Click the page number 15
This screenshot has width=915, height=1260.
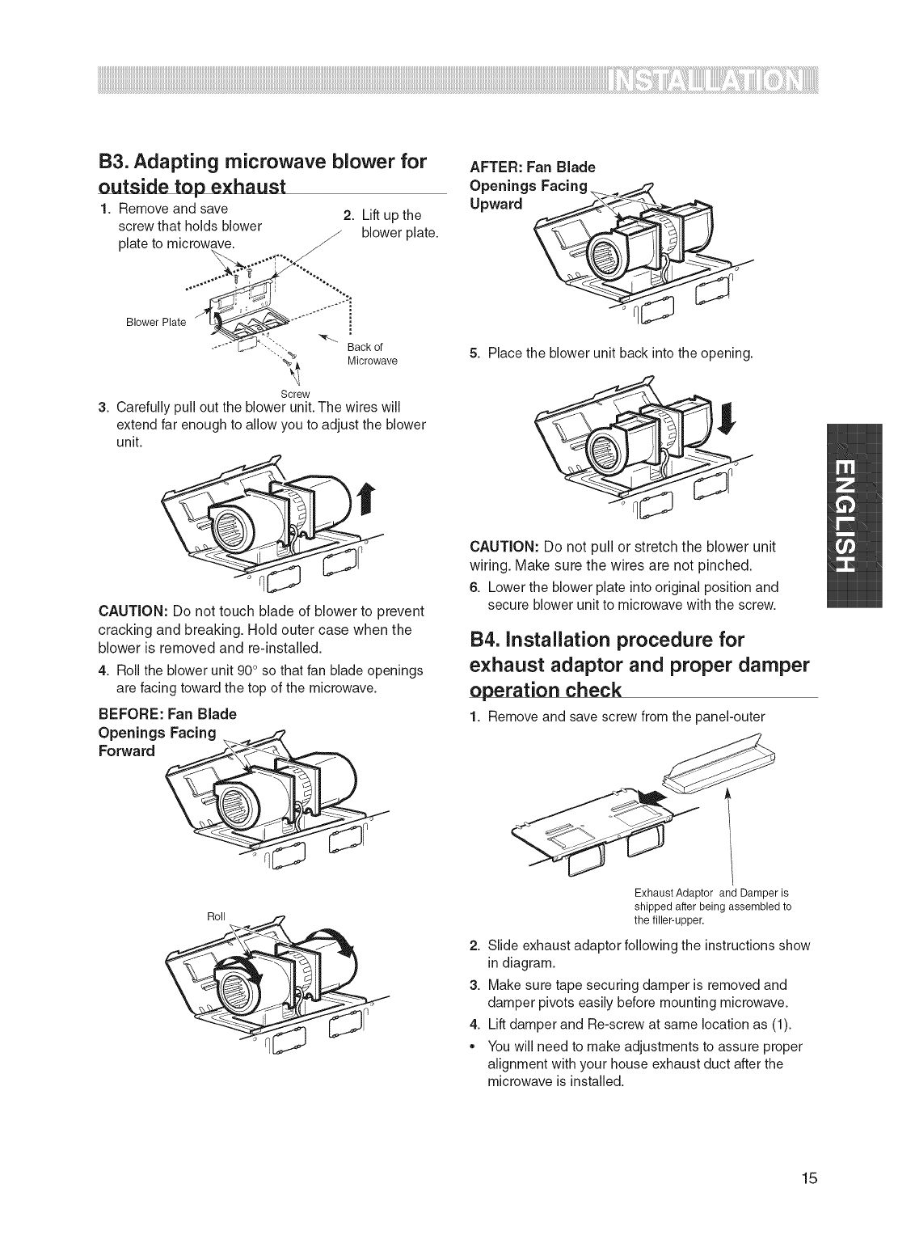pos(809,1200)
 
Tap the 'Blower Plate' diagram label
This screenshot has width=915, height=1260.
pos(162,322)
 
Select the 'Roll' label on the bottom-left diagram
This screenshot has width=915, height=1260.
pos(216,916)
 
